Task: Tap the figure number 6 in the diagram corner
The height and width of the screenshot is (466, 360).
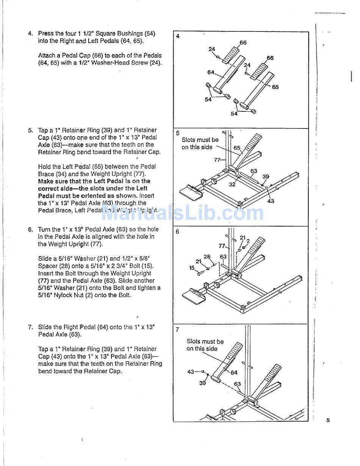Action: (178, 231)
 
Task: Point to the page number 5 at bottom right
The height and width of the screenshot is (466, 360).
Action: (328, 420)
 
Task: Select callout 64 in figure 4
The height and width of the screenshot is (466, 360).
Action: (211, 72)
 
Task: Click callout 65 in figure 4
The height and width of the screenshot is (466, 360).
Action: (275, 87)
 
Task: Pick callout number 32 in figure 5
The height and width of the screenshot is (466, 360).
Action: (232, 184)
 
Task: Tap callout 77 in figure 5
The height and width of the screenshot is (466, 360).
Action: (217, 160)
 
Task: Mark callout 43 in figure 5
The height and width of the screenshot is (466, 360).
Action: (271, 201)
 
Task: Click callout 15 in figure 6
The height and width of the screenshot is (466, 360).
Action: (192, 268)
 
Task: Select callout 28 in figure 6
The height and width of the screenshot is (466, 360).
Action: (207, 256)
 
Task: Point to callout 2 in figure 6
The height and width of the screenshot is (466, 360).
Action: (248, 241)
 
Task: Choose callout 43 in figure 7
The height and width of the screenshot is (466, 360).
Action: (191, 372)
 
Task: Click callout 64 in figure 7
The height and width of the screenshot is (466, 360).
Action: (234, 372)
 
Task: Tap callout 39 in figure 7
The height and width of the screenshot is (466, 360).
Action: (202, 383)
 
